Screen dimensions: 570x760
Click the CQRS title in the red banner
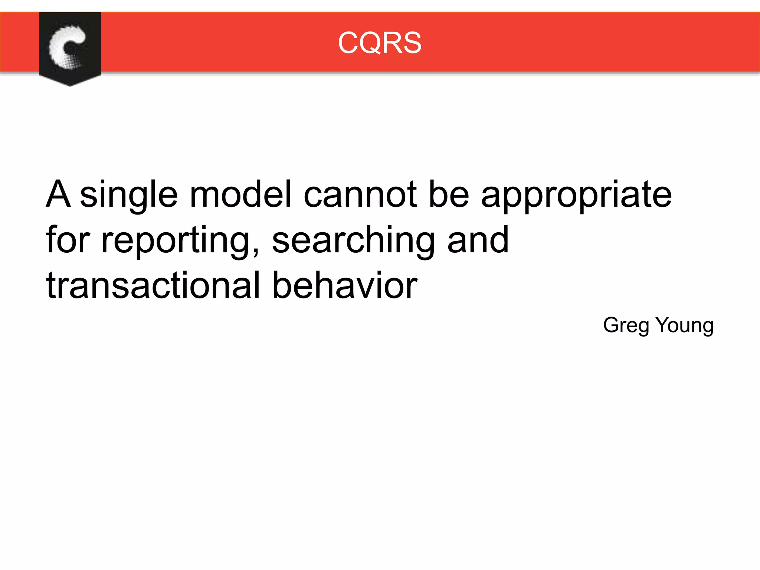(380, 43)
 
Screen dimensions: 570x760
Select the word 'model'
(240, 194)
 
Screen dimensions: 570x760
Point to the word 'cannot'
(360, 194)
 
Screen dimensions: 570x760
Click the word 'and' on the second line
(478, 240)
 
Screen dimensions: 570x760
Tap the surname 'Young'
(685, 326)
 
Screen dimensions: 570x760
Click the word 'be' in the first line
(449, 194)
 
